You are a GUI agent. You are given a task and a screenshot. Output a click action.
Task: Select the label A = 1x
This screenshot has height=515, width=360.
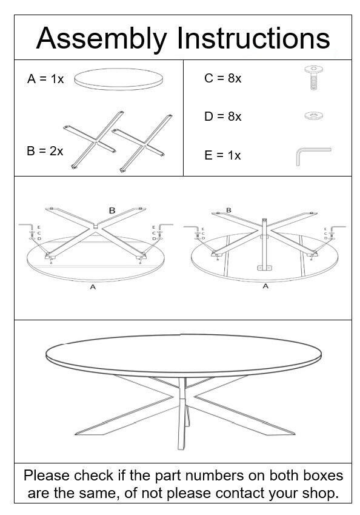click(45, 79)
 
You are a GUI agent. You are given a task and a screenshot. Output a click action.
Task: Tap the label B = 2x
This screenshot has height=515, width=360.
click(45, 151)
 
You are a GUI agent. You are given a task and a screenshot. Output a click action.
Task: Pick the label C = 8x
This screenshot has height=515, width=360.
click(222, 78)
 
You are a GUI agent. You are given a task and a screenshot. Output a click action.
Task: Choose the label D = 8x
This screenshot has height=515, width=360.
click(222, 116)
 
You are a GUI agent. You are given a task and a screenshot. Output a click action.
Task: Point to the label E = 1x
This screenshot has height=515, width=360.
click(222, 155)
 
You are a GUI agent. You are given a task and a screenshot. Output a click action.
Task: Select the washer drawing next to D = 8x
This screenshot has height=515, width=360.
click(313, 114)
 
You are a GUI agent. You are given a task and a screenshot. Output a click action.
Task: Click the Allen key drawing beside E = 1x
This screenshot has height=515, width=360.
click(312, 155)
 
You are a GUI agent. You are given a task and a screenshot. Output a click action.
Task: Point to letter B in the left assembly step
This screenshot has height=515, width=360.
click(112, 210)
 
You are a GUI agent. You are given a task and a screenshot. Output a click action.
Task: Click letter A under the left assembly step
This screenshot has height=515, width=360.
click(93, 287)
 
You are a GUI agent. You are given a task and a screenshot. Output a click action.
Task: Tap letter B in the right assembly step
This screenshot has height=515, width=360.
click(228, 210)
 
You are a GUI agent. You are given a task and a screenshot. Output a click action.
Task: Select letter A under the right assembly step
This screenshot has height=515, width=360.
click(265, 286)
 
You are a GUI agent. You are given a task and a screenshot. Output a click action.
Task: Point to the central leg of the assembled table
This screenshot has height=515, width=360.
click(183, 419)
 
